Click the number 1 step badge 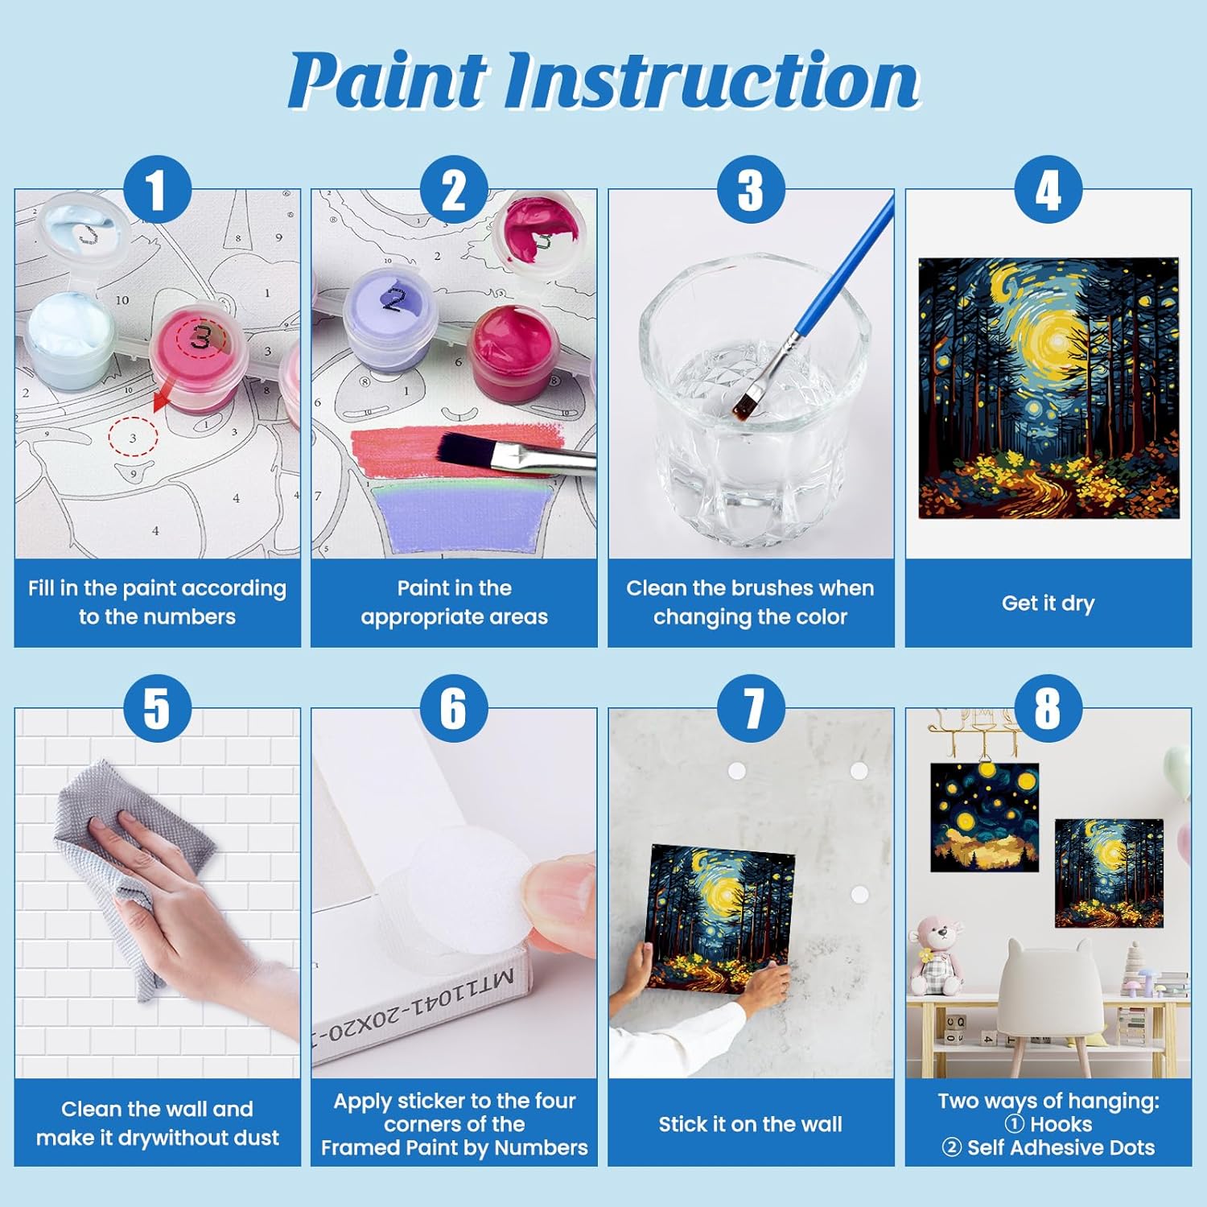click(x=157, y=190)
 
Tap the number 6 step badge click(x=454, y=708)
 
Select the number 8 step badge click(x=1048, y=708)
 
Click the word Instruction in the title click(x=713, y=80)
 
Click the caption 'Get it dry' click(x=1048, y=603)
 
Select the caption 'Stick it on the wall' click(x=750, y=1124)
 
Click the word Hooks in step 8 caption click(x=1061, y=1124)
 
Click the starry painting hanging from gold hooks click(x=984, y=818)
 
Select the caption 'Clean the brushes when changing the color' click(x=750, y=602)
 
